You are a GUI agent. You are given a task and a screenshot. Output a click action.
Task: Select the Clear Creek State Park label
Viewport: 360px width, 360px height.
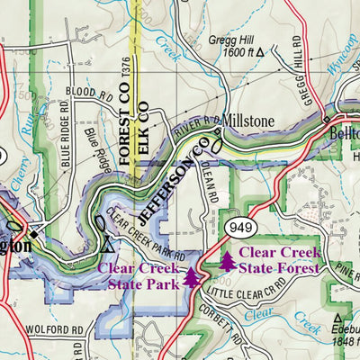click(139, 276)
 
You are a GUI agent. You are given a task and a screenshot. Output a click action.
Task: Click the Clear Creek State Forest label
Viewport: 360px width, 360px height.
click(279, 260)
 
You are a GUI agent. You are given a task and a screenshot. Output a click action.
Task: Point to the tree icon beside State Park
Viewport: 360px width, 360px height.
click(192, 277)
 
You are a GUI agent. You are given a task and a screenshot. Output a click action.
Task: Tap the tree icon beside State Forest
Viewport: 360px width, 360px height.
click(228, 261)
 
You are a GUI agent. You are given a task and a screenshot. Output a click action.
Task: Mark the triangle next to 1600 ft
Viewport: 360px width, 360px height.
click(261, 54)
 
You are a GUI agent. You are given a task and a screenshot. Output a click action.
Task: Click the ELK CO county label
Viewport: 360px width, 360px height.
click(142, 121)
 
